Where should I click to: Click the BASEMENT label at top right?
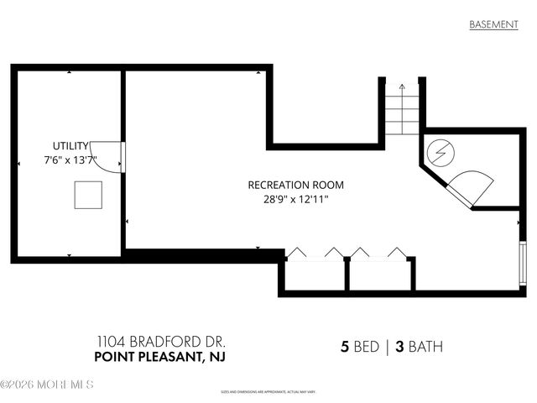[493, 24]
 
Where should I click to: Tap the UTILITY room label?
[70, 145]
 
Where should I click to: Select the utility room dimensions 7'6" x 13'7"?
[70, 160]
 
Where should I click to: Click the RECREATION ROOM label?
[295, 185]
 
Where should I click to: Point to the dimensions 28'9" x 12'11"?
[295, 199]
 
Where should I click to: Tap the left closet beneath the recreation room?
[314, 273]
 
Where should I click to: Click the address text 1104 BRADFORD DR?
[160, 343]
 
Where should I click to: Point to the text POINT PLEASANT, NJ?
[160, 359]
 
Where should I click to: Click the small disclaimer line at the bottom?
[268, 391]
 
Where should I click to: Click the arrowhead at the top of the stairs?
[401, 86]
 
